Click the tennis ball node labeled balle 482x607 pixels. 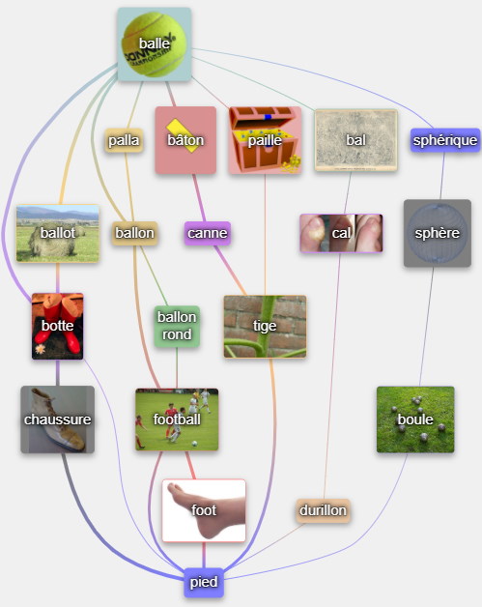coord(155,44)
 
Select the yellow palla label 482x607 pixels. coord(124,140)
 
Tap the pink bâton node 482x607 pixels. coord(185,140)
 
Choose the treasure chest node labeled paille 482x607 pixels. coord(265,140)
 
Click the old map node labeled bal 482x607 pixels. coord(355,140)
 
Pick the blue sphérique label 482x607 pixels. coord(445,140)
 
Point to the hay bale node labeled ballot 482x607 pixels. coord(58,234)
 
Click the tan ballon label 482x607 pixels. coord(134,233)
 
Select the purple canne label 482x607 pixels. coord(208,233)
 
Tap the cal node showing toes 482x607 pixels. coord(341,233)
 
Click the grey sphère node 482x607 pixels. coord(438,233)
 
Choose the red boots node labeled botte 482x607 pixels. coord(58,326)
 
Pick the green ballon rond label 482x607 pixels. coord(177,326)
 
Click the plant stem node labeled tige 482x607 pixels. coord(265,327)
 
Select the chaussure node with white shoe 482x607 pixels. coord(58,419)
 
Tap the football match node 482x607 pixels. coord(177,419)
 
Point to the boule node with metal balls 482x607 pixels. coord(415,419)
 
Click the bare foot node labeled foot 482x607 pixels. coord(204,510)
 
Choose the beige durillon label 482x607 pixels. coord(323,510)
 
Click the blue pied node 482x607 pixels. coord(204,582)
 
